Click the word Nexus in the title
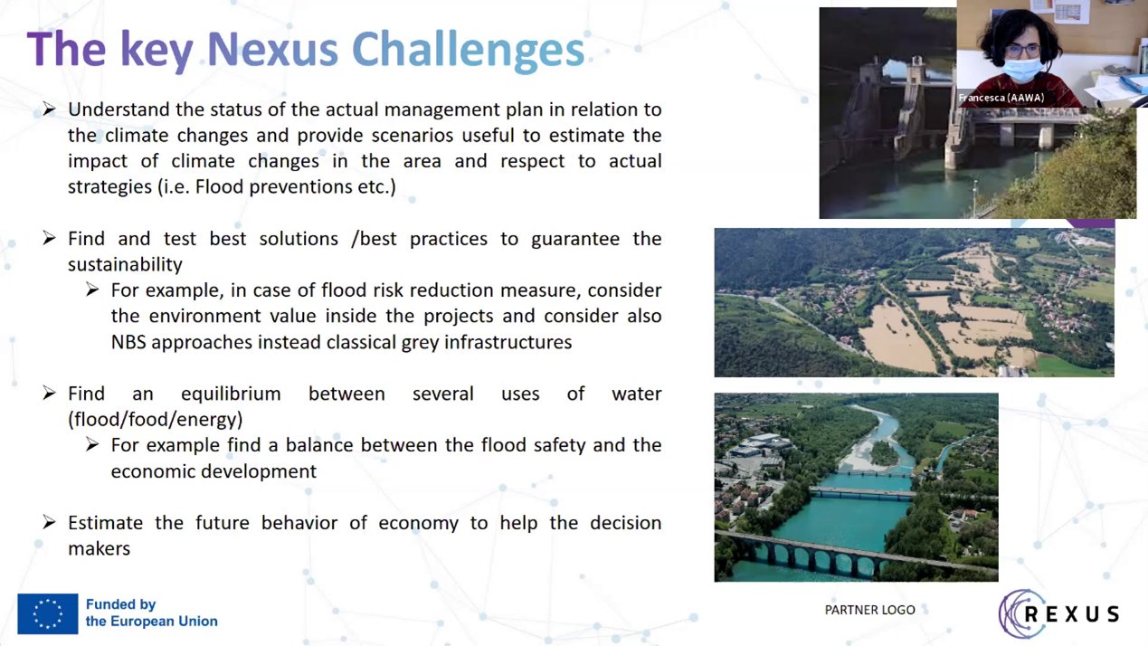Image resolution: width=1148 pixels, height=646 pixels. [272, 50]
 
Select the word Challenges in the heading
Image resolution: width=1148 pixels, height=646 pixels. [468, 51]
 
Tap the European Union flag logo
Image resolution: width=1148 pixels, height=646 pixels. [48, 613]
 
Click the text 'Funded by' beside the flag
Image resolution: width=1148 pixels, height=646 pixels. [121, 604]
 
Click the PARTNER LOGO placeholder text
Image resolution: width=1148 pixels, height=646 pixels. [869, 610]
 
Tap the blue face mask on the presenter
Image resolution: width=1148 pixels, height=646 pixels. [1022, 69]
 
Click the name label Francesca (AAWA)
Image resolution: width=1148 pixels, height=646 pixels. [1001, 98]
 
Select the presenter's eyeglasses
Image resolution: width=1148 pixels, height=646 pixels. [1022, 51]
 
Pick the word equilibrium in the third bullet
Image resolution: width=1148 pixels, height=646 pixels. [231, 394]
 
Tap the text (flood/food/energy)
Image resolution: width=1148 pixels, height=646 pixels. [156, 420]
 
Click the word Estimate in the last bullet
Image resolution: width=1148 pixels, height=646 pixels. [106, 523]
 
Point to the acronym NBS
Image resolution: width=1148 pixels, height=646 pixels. [128, 343]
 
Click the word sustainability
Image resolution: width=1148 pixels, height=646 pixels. [125, 265]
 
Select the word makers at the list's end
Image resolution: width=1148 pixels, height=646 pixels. [100, 549]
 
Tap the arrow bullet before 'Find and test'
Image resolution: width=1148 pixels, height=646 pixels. [49, 239]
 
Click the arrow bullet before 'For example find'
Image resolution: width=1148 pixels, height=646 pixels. [92, 444]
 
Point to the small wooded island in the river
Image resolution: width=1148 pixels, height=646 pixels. [884, 452]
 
